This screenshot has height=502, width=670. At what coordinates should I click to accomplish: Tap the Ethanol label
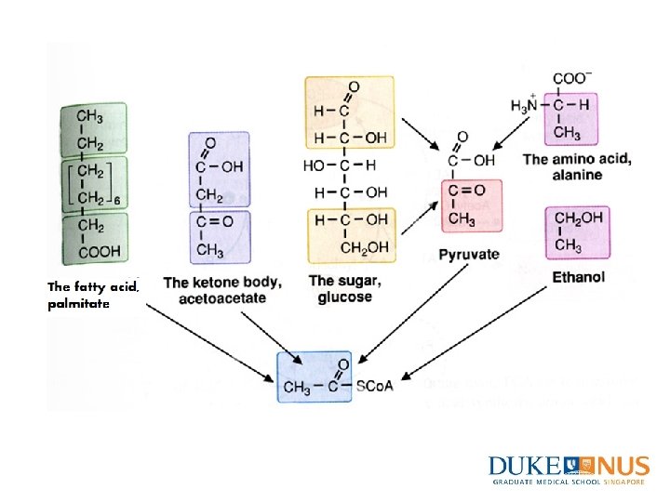point(578,276)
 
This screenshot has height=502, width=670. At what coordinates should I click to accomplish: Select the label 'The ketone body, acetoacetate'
point(221,289)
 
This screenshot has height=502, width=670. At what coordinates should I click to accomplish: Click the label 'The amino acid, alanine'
point(577,166)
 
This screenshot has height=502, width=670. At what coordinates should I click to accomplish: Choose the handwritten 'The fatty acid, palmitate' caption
point(93,295)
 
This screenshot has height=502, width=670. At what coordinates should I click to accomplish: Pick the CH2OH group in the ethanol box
point(579,218)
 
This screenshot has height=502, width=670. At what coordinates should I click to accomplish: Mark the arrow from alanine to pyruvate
point(513,129)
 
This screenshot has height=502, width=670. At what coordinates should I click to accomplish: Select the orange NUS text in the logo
point(620,466)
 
